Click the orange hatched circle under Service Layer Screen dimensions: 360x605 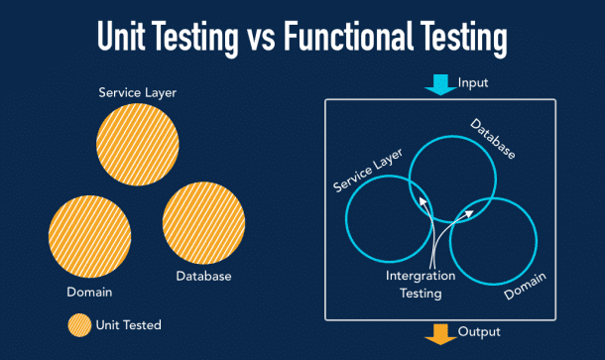coord(138,144)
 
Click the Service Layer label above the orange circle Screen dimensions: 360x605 coord(137,92)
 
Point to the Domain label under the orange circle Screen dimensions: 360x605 coord(89,293)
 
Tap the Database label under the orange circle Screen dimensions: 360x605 coord(203,276)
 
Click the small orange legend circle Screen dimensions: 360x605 coord(77,324)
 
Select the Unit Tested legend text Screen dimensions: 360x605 coord(128,324)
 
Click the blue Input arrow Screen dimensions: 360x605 coord(437,87)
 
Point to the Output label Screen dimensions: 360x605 coord(479,331)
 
